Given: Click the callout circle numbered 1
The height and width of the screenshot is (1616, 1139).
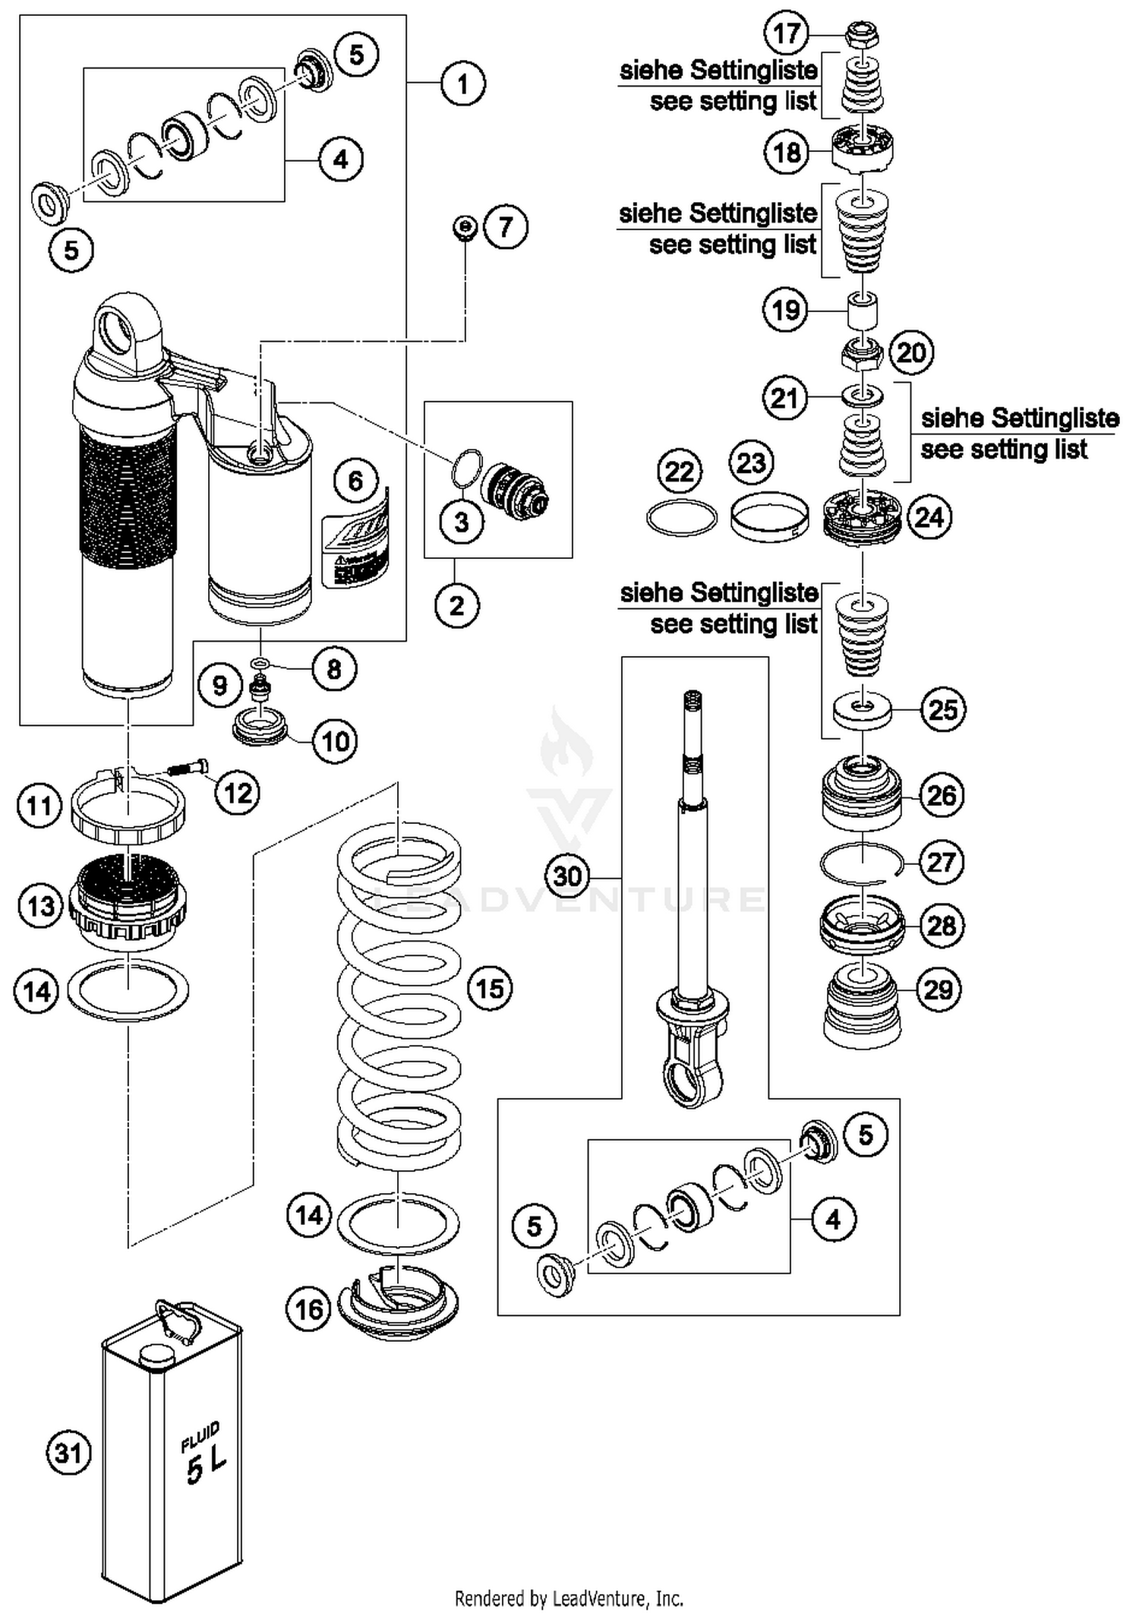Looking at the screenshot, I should tap(462, 83).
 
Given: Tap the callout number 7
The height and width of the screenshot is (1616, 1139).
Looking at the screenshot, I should tap(506, 226).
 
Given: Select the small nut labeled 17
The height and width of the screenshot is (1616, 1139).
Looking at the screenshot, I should tap(863, 34).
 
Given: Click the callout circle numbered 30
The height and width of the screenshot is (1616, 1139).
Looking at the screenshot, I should tap(567, 876).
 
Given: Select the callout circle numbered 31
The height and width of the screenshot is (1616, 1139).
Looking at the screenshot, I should tap(68, 1453).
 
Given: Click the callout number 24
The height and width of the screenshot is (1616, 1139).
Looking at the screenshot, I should tap(929, 517).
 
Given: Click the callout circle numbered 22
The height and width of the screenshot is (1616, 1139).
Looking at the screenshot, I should tap(680, 472).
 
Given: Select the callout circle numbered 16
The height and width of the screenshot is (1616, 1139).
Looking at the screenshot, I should tap(308, 1308).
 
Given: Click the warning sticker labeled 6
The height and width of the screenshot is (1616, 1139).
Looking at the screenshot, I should tap(355, 548).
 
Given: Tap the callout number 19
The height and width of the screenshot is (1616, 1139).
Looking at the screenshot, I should tap(785, 310).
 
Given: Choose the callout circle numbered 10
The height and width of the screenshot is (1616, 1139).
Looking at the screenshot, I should tap(335, 740).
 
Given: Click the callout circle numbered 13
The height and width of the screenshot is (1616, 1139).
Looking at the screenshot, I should tap(40, 905).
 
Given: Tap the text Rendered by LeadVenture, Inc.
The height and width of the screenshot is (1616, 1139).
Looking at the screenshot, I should tap(569, 1598).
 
